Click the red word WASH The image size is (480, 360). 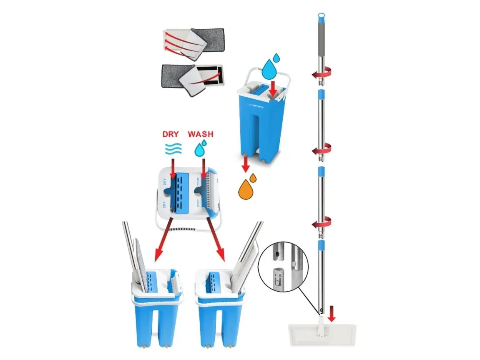200,134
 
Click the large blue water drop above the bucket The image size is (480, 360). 270,69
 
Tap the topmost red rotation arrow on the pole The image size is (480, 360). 321,74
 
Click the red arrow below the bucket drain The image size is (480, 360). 246,164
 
